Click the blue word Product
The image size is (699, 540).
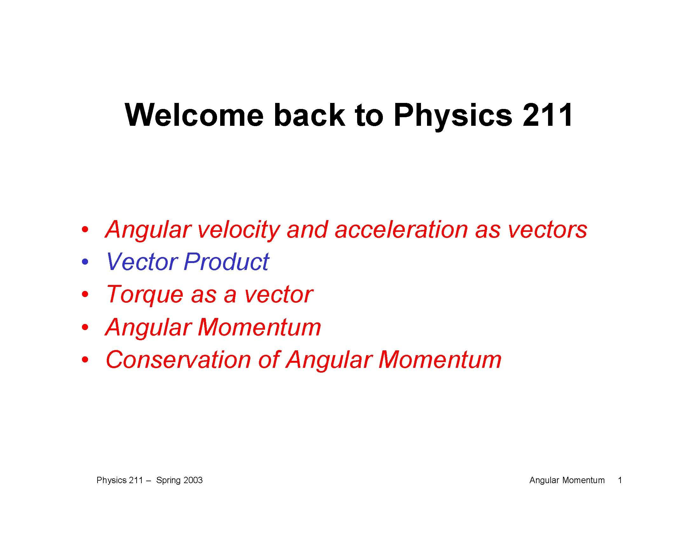tap(226, 262)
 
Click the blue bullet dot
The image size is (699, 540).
tap(85, 262)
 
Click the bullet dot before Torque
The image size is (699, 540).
tap(85, 294)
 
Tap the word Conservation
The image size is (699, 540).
tap(178, 360)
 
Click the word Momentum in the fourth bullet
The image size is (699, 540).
tap(259, 327)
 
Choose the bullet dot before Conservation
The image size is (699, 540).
tap(85, 360)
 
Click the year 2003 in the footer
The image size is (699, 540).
tap(193, 480)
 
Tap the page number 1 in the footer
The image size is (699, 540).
tap(620, 480)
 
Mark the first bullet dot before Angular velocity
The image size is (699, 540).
tap(85, 230)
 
